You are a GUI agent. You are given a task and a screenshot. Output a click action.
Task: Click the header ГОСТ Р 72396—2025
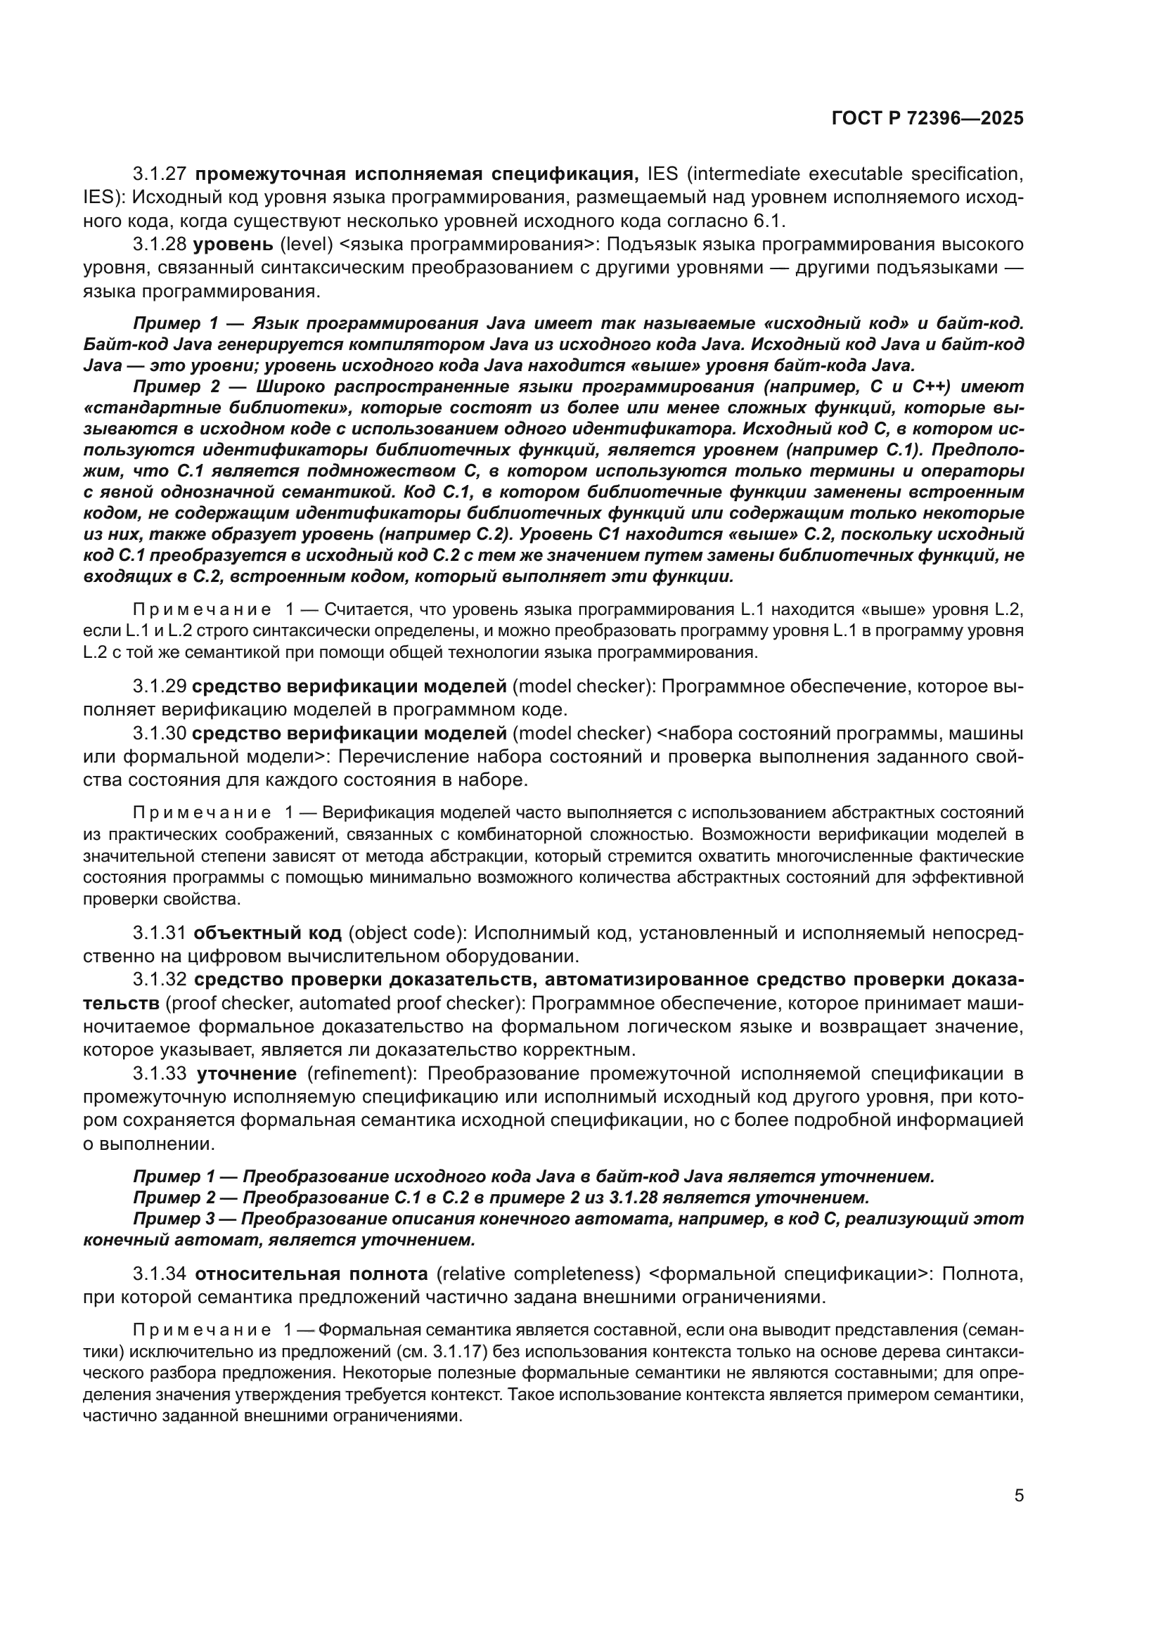coord(927,118)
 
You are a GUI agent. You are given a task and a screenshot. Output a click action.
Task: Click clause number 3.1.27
coord(160,174)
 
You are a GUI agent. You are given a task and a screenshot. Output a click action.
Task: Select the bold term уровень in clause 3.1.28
coord(233,244)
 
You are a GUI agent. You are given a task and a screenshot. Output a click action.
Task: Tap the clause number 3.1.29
coord(160,687)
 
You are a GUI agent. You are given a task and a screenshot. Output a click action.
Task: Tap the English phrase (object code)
coord(406,933)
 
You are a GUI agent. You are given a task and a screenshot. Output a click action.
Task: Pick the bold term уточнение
coord(246,1073)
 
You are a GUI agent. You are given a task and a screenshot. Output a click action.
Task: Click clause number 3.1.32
coord(160,980)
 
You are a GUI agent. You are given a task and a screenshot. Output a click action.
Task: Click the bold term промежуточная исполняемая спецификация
coord(416,174)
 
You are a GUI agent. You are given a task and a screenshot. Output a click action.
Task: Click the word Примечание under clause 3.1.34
coord(202,1331)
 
